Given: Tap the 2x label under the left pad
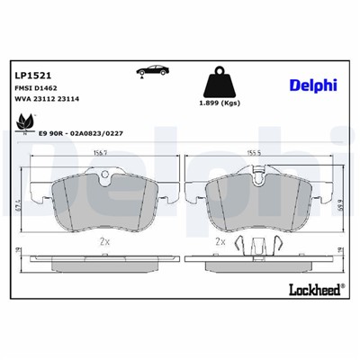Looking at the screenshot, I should (103, 241).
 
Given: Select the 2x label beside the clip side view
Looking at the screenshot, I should (219, 242).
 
